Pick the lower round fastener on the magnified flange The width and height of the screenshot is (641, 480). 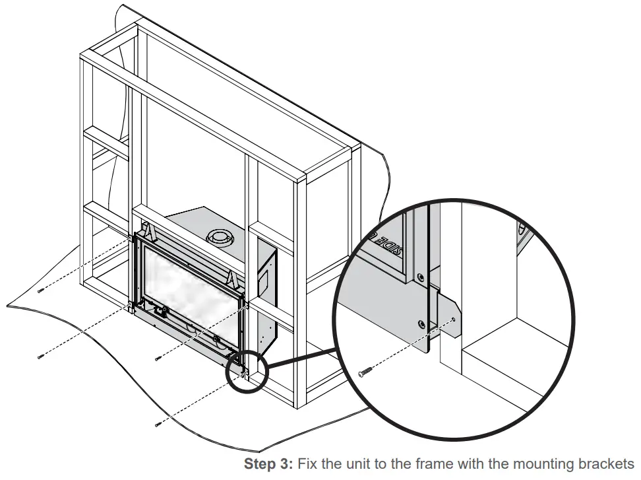(x=421, y=324)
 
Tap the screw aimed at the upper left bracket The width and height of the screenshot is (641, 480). (x=41, y=291)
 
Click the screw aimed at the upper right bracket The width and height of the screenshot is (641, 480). (x=157, y=359)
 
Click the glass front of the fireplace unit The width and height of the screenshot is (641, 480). (x=188, y=291)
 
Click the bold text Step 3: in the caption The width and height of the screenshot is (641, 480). (x=268, y=464)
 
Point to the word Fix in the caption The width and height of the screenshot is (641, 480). (x=307, y=464)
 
